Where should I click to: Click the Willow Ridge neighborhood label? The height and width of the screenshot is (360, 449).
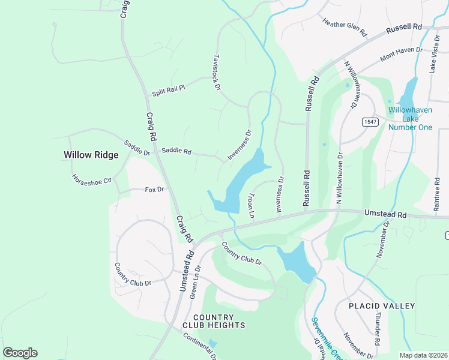pyautogui.click(x=91, y=155)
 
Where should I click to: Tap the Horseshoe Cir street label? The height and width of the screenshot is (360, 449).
pyautogui.click(x=92, y=179)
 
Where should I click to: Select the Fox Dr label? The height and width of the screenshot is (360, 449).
pyautogui.click(x=154, y=190)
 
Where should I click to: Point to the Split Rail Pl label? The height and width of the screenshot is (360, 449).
pyautogui.click(x=168, y=91)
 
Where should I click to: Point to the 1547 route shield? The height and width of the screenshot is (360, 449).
pyautogui.click(x=369, y=122)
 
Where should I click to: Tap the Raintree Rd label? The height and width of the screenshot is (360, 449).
pyautogui.click(x=436, y=194)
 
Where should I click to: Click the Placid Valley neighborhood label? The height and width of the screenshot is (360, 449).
pyautogui.click(x=382, y=306)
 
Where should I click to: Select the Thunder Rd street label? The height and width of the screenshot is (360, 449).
pyautogui.click(x=377, y=327)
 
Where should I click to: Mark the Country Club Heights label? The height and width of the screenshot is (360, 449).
pyautogui.click(x=218, y=321)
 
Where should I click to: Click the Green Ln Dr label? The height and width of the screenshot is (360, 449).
pyautogui.click(x=194, y=283)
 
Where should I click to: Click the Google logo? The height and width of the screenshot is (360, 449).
pyautogui.click(x=20, y=353)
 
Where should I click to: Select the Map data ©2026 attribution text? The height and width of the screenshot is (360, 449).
pyautogui.click(x=422, y=355)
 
